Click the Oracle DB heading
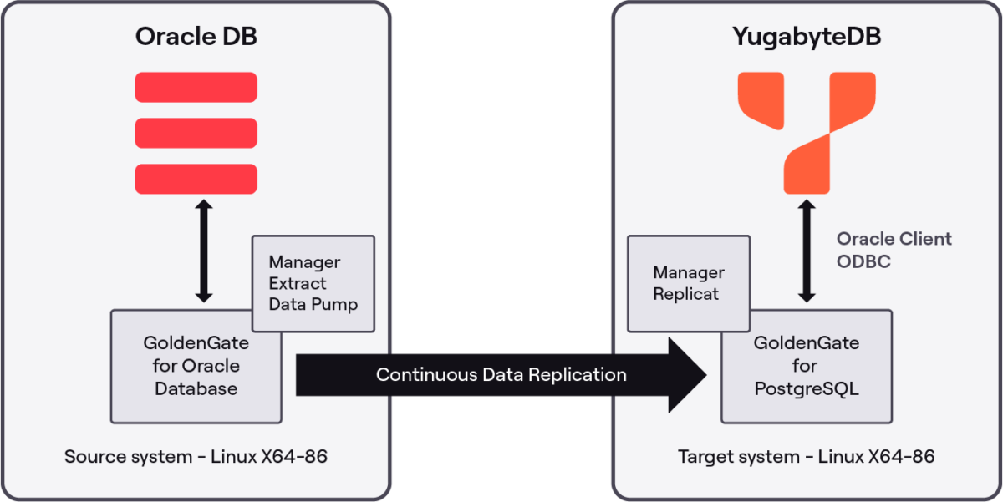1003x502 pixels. tap(196, 38)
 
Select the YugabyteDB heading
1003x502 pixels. tap(807, 38)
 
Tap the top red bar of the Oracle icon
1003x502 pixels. tap(196, 87)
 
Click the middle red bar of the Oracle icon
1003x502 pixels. tap(196, 133)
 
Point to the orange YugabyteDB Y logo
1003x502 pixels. tap(806, 133)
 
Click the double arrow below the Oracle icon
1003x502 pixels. tap(203, 251)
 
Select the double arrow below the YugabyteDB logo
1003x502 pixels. tap(806, 251)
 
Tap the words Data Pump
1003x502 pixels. tap(313, 304)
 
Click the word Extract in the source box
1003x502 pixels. tap(298, 283)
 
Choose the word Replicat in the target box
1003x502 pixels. tap(686, 294)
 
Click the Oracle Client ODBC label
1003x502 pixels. tap(894, 250)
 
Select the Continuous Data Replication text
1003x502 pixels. tap(501, 374)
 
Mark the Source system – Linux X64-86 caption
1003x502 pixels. tap(196, 457)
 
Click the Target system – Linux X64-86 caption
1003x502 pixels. tap(806, 457)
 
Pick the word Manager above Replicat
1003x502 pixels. tap(689, 273)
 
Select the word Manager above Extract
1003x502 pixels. tap(304, 262)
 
